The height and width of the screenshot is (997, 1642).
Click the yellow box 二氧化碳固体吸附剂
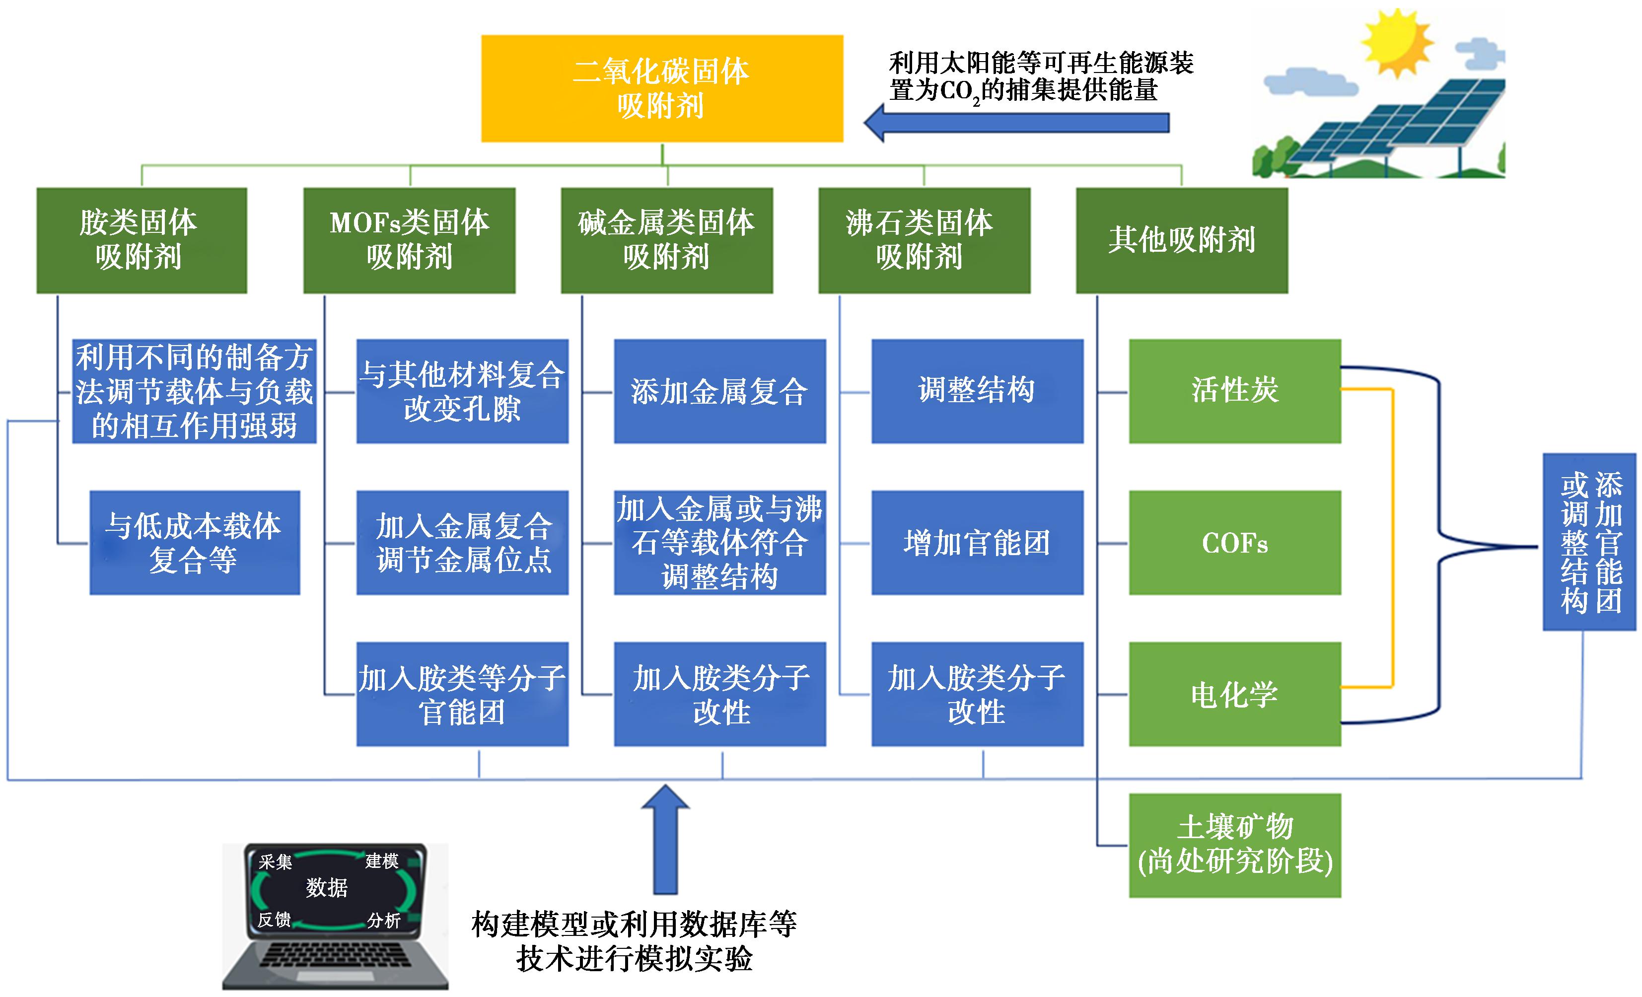click(x=662, y=88)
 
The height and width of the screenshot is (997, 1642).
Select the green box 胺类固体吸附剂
click(x=142, y=240)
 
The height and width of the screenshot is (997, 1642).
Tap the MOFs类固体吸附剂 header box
click(x=409, y=240)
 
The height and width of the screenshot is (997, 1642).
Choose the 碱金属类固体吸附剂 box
click(x=666, y=240)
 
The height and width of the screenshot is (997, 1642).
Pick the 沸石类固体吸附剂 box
click(x=925, y=240)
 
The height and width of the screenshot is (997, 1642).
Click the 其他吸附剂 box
click(x=1182, y=240)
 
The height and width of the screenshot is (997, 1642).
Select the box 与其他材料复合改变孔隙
click(x=462, y=391)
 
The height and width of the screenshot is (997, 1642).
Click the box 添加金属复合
click(x=719, y=391)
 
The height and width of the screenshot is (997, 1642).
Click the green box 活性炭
click(x=1235, y=391)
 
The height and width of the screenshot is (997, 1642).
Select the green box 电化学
click(x=1235, y=694)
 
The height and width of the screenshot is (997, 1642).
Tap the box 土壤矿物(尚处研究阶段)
click(x=1235, y=845)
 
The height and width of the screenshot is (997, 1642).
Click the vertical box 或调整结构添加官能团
click(x=1589, y=542)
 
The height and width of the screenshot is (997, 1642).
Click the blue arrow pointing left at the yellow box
click(x=1016, y=123)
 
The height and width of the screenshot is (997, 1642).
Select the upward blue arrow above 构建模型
click(x=665, y=839)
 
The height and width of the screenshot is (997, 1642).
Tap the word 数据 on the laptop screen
click(x=327, y=887)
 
